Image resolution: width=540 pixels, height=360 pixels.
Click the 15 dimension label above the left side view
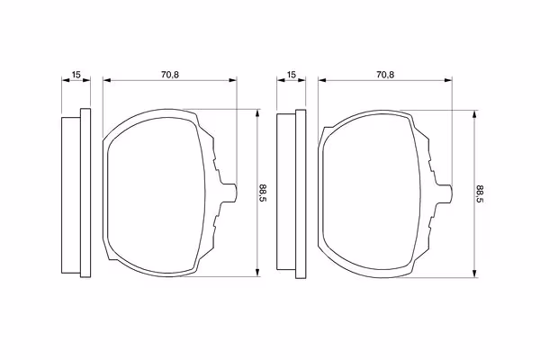[76, 75]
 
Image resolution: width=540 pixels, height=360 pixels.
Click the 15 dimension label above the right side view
[292, 75]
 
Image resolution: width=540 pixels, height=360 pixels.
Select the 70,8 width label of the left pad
[170, 75]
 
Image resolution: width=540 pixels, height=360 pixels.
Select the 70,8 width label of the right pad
[385, 75]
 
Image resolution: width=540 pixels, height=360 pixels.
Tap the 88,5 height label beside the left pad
[263, 193]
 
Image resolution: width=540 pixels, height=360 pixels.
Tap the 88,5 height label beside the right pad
[481, 193]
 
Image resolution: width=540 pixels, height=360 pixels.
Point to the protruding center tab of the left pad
[229, 193]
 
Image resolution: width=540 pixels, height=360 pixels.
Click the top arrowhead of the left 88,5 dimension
[257, 113]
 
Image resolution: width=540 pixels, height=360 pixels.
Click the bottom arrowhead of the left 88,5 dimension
[257, 273]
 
